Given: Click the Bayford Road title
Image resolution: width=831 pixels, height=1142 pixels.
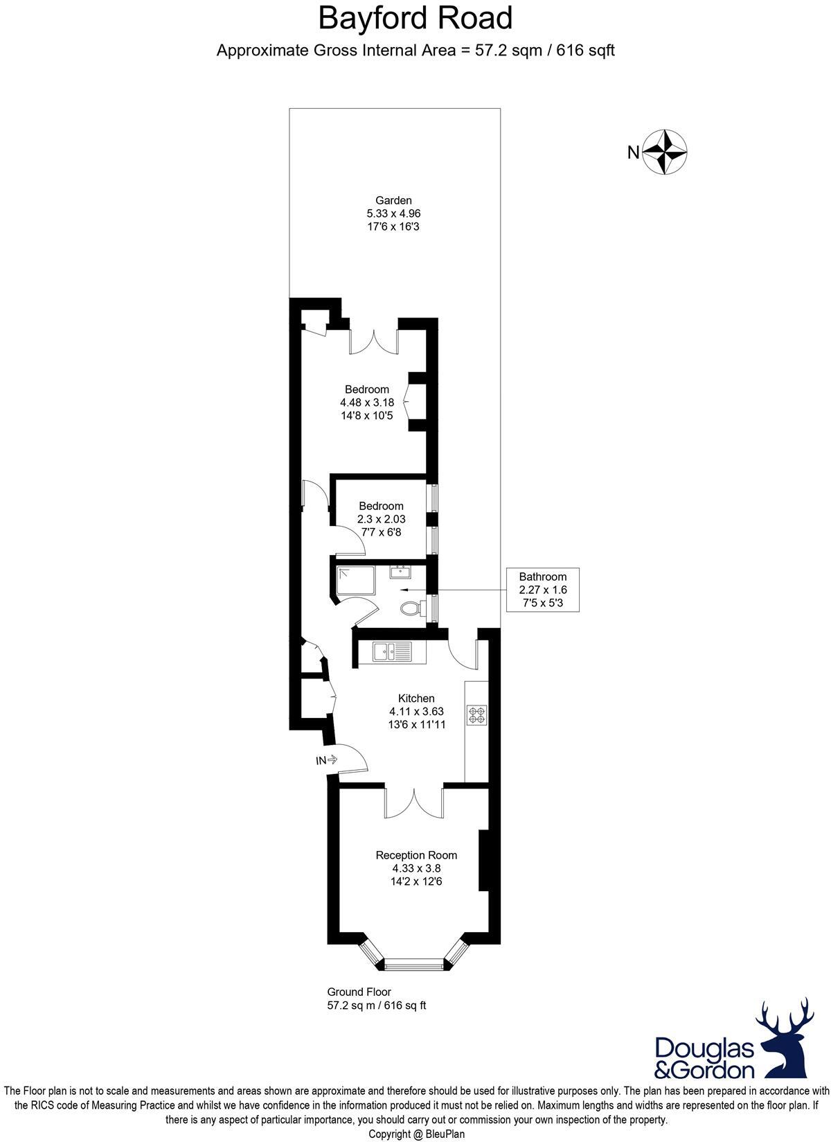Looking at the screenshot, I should (x=415, y=19).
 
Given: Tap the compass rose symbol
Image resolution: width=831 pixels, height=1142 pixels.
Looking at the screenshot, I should (x=665, y=151).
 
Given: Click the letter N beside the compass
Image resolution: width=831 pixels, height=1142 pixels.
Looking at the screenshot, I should (x=633, y=152).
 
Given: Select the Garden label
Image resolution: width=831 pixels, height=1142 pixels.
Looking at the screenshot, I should (x=393, y=201).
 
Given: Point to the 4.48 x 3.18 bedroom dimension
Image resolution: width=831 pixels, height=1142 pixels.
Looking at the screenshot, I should (x=367, y=403).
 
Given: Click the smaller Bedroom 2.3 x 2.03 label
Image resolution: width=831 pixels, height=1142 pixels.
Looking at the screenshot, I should (x=381, y=507).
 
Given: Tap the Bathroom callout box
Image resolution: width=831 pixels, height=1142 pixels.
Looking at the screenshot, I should (x=543, y=590).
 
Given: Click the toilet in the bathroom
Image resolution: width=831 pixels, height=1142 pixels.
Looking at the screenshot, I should (x=411, y=608).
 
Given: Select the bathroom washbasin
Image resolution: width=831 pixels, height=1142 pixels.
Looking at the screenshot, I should (x=400, y=572).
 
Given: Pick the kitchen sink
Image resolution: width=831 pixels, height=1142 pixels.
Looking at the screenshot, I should (x=391, y=651).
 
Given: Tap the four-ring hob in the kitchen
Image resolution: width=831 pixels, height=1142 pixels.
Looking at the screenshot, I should (x=477, y=715).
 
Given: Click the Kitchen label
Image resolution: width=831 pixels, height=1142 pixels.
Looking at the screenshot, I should (x=416, y=699).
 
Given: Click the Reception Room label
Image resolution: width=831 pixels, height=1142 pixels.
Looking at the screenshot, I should (x=416, y=855).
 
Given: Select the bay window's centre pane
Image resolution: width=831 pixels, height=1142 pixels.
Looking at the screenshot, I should (x=414, y=963).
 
